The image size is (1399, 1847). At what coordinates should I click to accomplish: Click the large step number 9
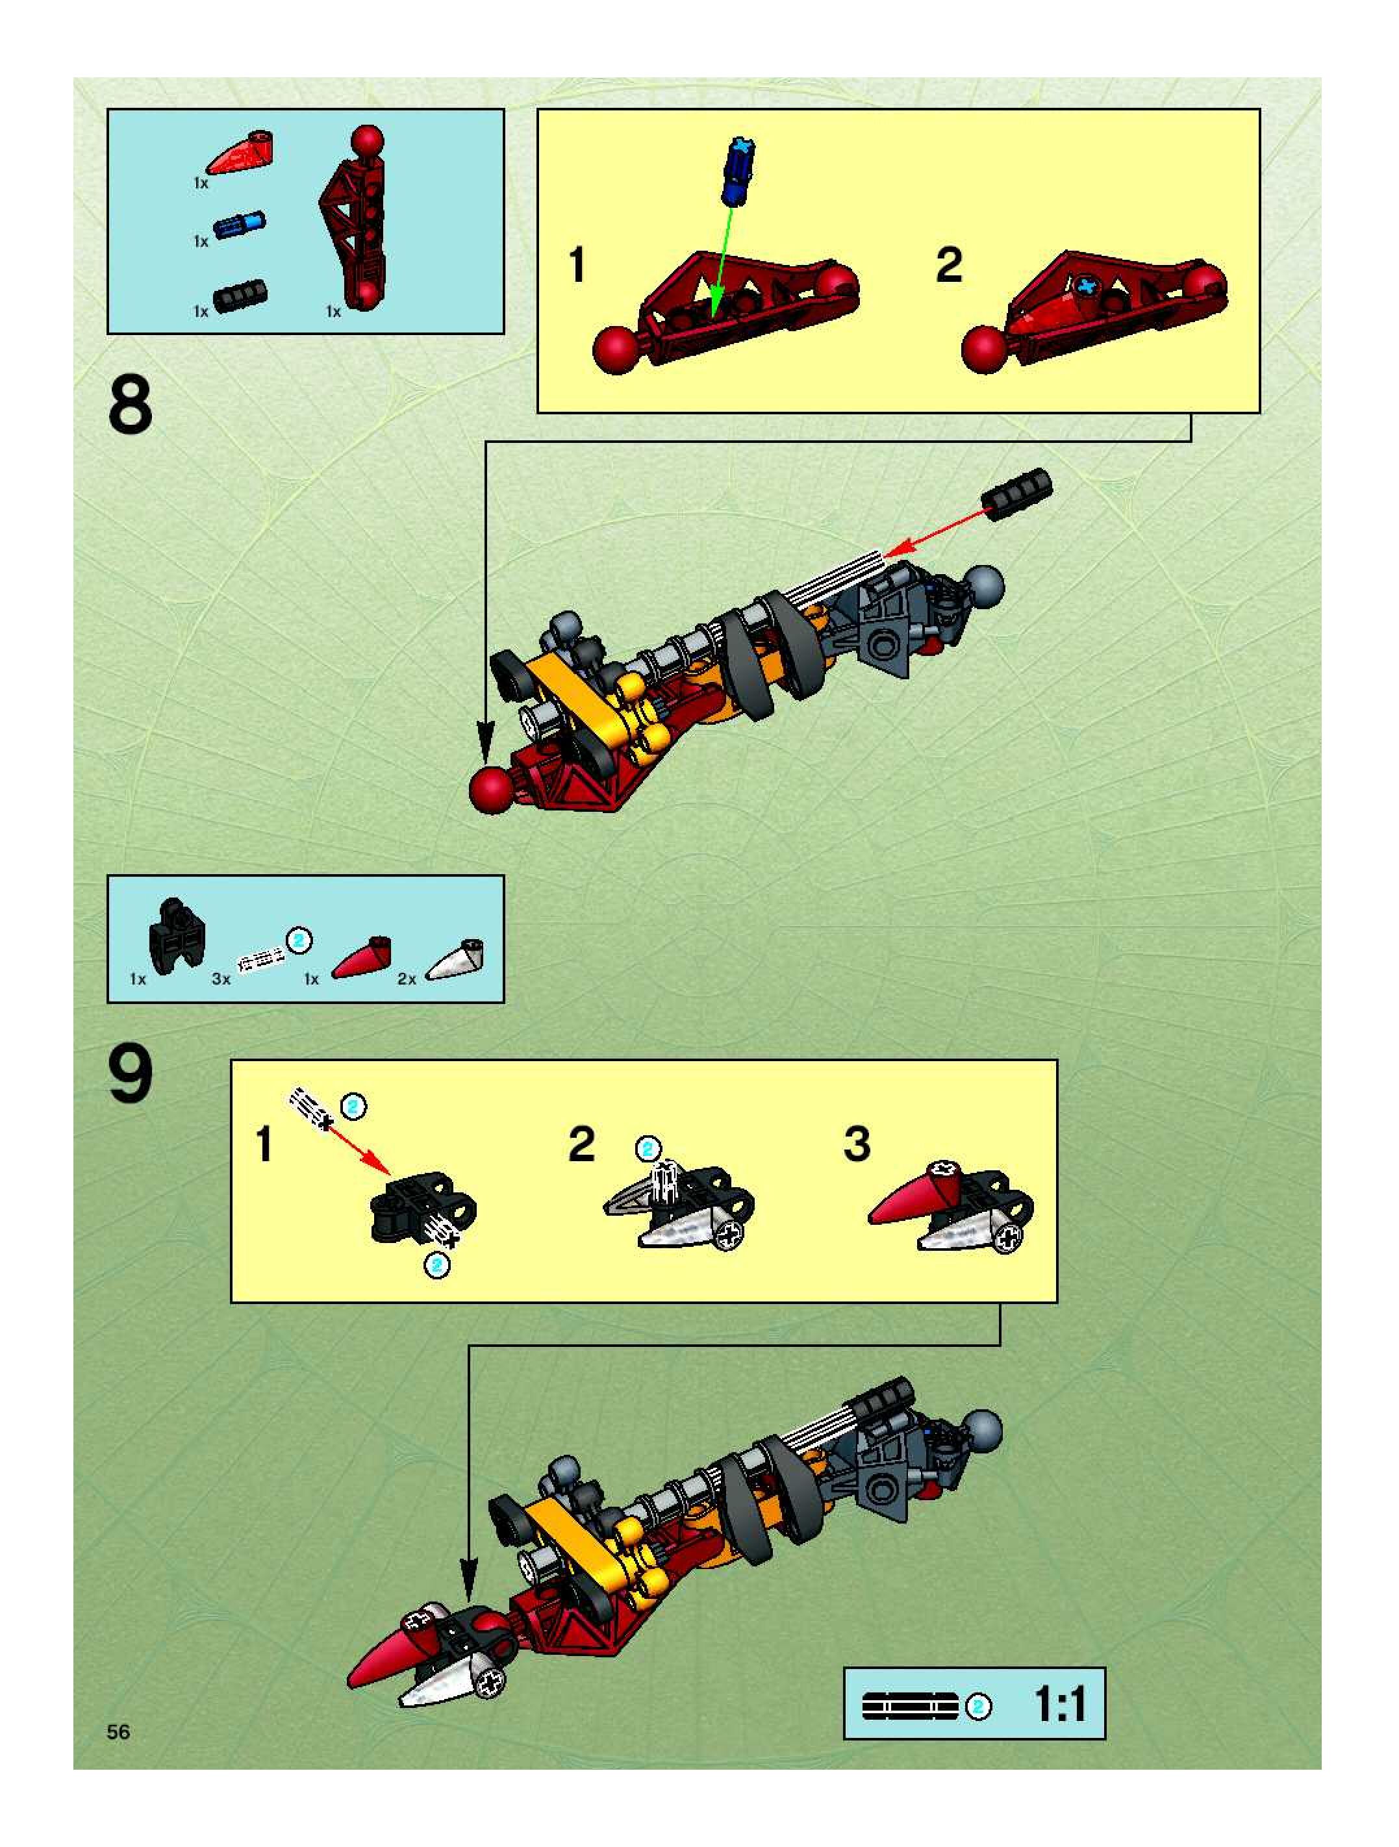tap(131, 1075)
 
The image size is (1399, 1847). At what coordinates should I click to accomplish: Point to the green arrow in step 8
tap(722, 260)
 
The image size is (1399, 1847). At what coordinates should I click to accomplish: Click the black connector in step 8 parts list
tap(240, 296)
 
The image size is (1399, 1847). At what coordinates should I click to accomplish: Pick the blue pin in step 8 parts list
tap(240, 225)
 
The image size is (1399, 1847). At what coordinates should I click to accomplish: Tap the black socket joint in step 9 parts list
tap(176, 935)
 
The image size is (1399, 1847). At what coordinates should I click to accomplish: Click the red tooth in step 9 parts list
tap(362, 959)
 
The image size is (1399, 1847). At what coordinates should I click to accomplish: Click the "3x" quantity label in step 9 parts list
tap(220, 979)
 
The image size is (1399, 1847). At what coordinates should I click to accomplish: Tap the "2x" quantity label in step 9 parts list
tap(407, 979)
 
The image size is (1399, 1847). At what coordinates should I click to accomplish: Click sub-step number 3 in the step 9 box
tap(857, 1144)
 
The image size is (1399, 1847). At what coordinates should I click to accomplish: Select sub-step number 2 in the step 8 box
tap(949, 266)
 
